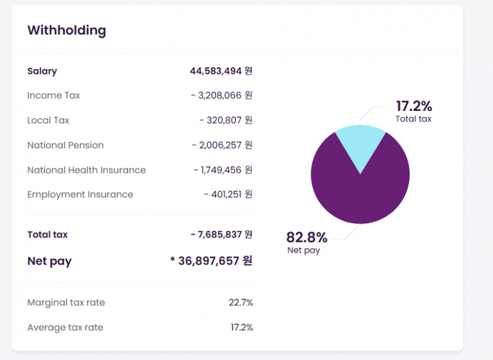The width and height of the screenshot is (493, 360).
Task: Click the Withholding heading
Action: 66,31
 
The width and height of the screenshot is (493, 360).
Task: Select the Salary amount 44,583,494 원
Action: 221,71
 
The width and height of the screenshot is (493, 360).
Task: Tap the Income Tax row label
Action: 53,96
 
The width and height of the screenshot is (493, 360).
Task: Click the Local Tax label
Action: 48,120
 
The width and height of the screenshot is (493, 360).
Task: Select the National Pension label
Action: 65,145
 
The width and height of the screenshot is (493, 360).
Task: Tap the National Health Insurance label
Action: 86,170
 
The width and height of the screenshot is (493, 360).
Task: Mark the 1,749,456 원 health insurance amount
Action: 223,170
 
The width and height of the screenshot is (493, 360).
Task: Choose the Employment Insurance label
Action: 80,194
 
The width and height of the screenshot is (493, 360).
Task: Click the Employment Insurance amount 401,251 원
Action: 228,194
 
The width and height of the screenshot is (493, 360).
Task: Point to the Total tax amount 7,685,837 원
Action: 221,234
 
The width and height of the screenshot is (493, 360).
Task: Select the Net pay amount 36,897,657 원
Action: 211,261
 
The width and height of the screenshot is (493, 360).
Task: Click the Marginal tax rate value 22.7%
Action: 240,302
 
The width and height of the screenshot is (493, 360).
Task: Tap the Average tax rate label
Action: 65,328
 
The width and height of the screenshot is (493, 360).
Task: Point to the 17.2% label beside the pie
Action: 414,106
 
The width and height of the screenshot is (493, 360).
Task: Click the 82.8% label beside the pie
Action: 307,237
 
